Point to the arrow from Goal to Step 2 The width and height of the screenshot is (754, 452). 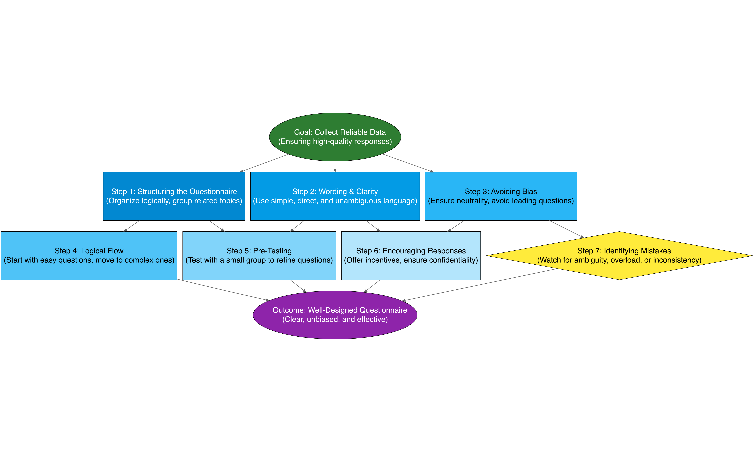(x=335, y=166)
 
